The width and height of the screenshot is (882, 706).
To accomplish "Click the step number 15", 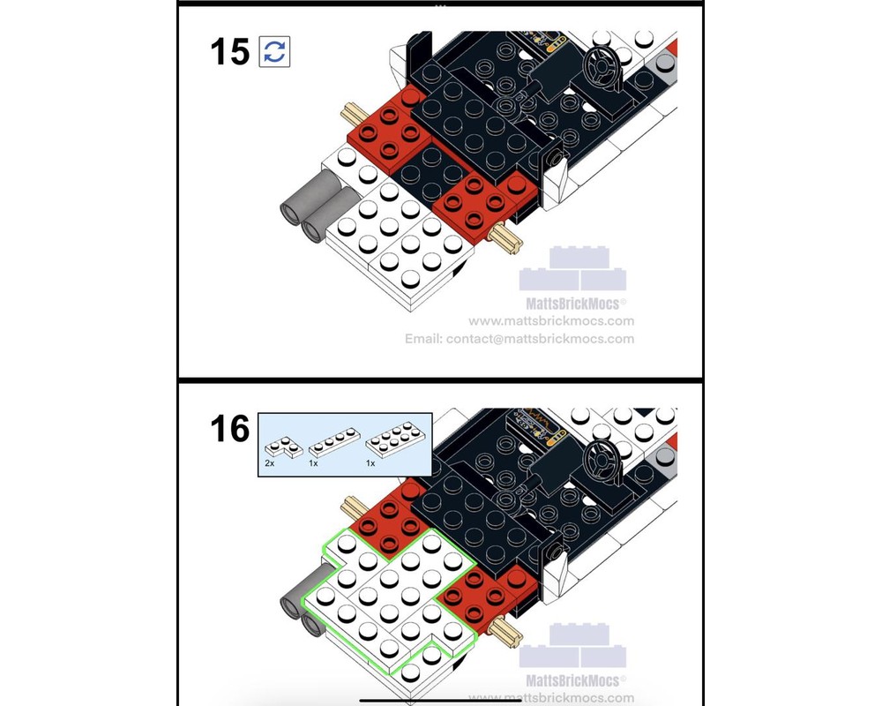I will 230,51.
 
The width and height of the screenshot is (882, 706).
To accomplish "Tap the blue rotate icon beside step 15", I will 274,51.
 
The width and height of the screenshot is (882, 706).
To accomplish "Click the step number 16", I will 230,430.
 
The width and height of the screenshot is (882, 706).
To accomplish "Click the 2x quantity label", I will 270,462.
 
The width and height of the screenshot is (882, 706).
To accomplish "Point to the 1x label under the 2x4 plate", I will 370,462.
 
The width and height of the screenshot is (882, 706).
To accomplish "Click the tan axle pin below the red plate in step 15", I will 508,238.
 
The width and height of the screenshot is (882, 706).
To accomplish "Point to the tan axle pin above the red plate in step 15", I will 352,114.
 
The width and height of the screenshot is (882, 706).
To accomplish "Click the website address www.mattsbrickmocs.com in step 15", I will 551,321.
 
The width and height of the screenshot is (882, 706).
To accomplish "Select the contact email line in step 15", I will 519,339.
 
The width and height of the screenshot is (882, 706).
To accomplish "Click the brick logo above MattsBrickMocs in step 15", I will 572,269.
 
